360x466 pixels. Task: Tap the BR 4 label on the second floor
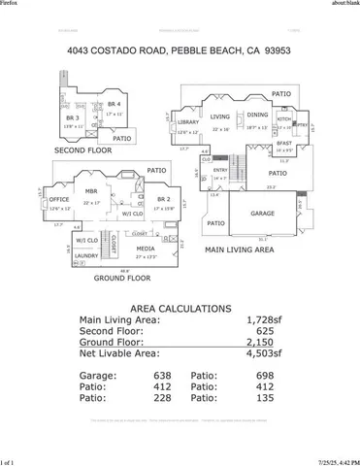click(115, 104)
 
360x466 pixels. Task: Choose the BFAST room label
click(283, 143)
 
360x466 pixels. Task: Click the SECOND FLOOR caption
click(82, 151)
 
